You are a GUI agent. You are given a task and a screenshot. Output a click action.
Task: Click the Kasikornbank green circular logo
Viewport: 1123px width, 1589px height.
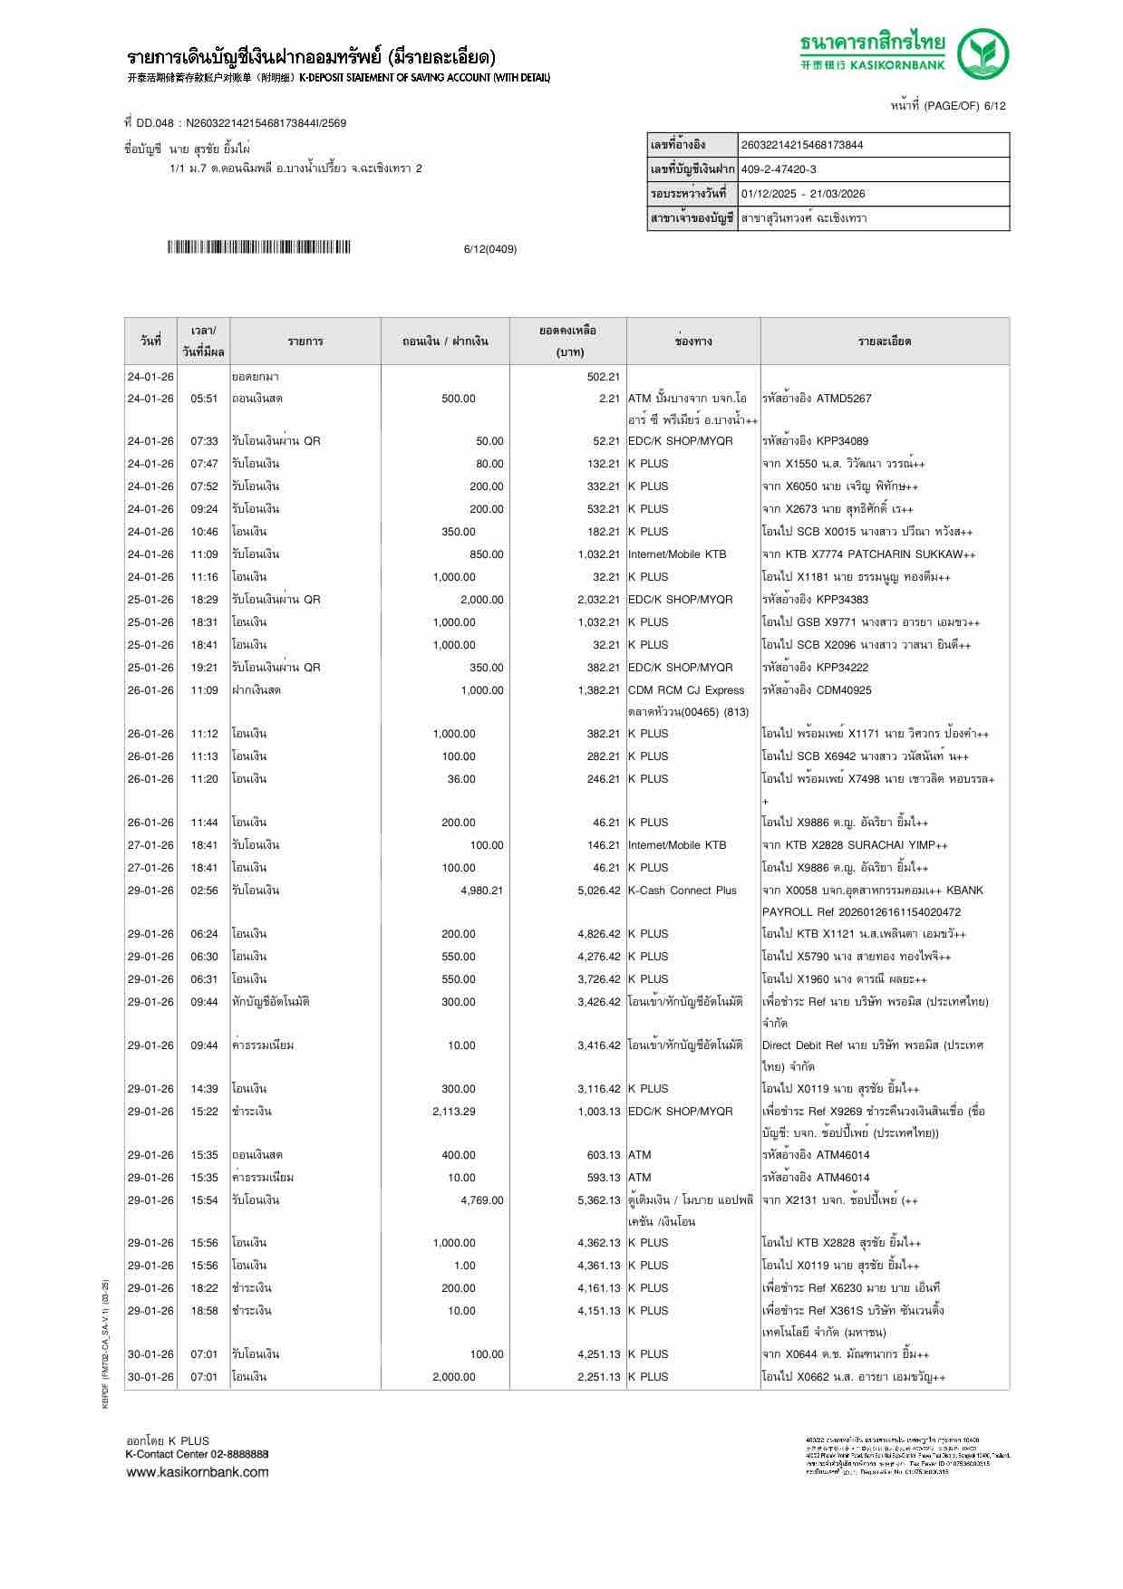click(x=984, y=53)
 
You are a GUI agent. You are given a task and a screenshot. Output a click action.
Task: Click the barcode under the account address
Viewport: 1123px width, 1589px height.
click(x=258, y=247)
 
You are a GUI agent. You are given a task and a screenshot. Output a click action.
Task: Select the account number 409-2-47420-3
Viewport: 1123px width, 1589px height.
click(x=779, y=169)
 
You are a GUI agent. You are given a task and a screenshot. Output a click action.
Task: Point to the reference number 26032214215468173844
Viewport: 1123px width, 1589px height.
click(x=802, y=145)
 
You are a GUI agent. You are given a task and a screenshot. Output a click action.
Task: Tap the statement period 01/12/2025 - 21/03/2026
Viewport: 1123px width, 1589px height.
click(x=803, y=194)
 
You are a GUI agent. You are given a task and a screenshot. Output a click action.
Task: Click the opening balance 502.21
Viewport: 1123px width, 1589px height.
click(x=603, y=377)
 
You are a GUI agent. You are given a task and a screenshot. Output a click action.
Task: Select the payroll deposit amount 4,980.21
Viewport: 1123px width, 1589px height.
click(x=481, y=891)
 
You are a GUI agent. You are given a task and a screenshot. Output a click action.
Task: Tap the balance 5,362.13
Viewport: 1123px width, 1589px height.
click(x=598, y=1200)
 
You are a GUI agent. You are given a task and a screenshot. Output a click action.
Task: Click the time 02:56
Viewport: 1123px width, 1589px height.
click(x=204, y=891)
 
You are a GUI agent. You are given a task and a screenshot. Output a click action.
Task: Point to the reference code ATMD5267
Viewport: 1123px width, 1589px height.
click(x=844, y=399)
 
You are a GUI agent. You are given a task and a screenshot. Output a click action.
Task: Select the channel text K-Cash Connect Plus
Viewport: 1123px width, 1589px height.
click(x=683, y=891)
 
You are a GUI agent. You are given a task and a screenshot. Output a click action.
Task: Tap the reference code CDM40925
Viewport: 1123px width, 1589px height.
click(x=844, y=690)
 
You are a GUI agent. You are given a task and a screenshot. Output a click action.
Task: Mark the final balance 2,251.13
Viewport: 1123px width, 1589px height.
click(x=598, y=1377)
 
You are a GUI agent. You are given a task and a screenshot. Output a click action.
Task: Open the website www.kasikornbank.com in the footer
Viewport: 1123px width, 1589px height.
click(x=198, y=1472)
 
